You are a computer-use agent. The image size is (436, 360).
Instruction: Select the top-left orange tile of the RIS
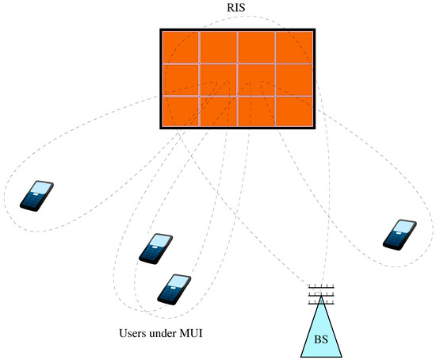point(179,47)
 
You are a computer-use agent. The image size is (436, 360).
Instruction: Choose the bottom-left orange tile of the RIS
point(179,111)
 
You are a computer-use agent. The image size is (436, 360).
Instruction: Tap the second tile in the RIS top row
point(218,47)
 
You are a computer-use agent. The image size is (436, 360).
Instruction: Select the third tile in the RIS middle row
point(256,79)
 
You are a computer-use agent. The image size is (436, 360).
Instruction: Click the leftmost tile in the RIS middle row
point(179,79)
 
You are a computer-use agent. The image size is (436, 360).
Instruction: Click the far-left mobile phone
point(36,196)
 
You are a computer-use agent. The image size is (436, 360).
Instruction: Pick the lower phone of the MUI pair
point(173,289)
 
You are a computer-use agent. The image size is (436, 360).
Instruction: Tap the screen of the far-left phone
point(40,190)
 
